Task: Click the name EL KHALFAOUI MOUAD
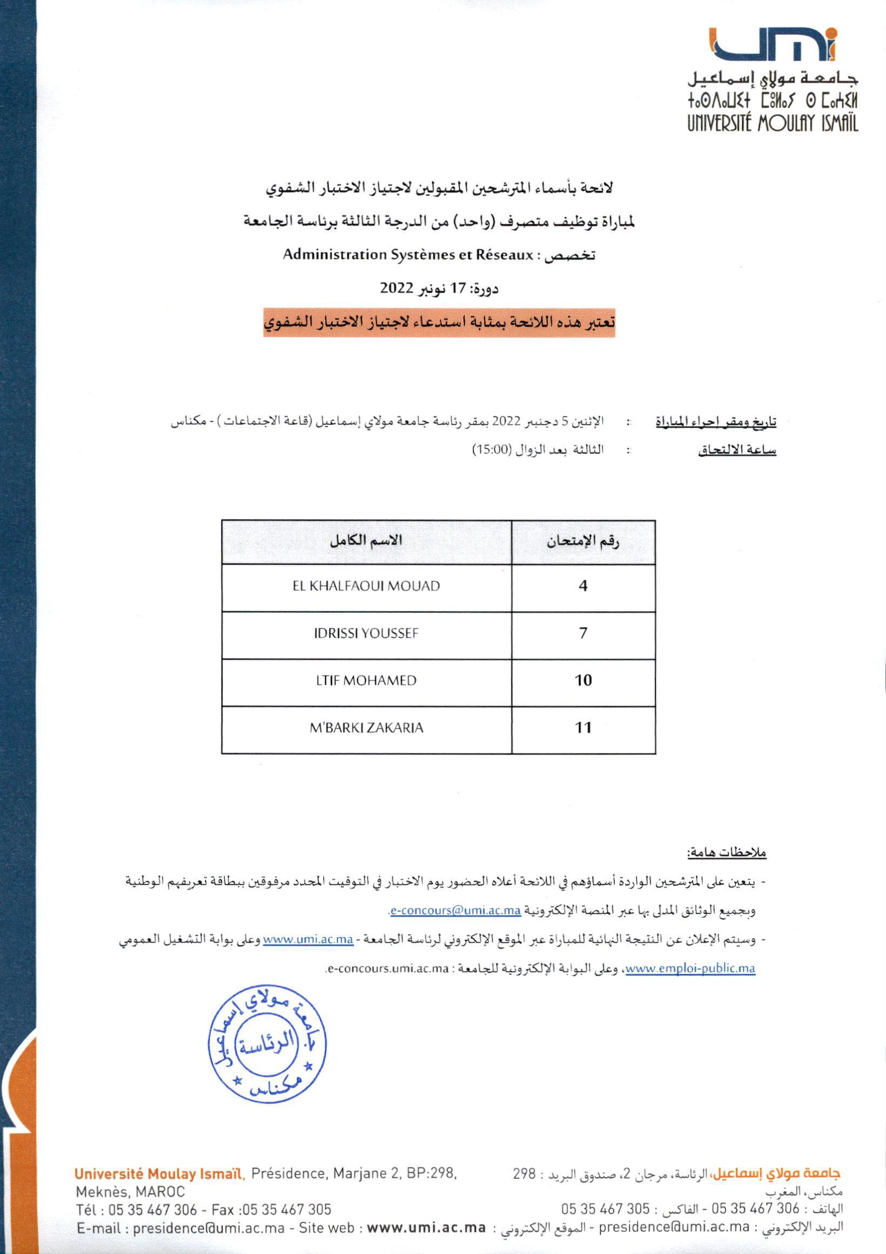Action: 366,586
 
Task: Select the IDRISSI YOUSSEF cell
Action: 366,633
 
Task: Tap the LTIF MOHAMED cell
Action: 366,681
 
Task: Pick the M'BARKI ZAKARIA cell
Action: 366,728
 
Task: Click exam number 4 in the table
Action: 583,586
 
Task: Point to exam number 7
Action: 583,633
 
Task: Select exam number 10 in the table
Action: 583,681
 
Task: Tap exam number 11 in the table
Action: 583,728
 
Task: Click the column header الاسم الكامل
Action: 366,541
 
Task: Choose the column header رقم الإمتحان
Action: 583,542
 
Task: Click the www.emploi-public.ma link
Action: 690,969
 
